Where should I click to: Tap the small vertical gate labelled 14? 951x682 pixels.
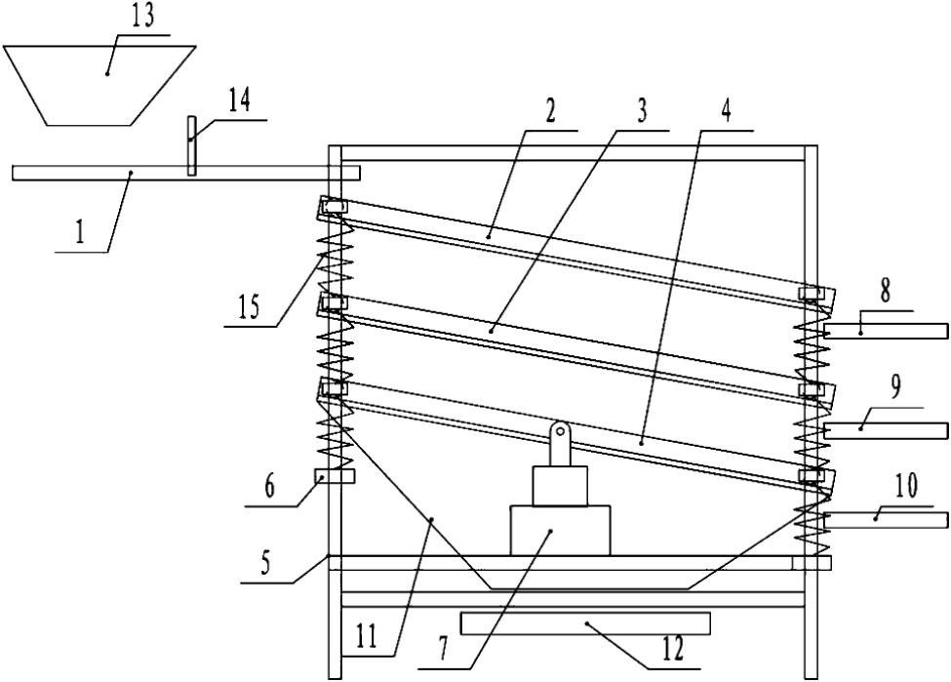point(193,146)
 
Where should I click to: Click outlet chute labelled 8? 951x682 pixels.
point(886,331)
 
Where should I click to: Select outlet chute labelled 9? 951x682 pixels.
point(886,430)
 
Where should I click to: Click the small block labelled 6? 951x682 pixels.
point(335,477)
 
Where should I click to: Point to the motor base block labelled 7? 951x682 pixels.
point(560,530)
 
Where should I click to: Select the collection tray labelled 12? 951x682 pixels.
point(585,622)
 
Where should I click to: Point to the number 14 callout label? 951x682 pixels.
point(243,100)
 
